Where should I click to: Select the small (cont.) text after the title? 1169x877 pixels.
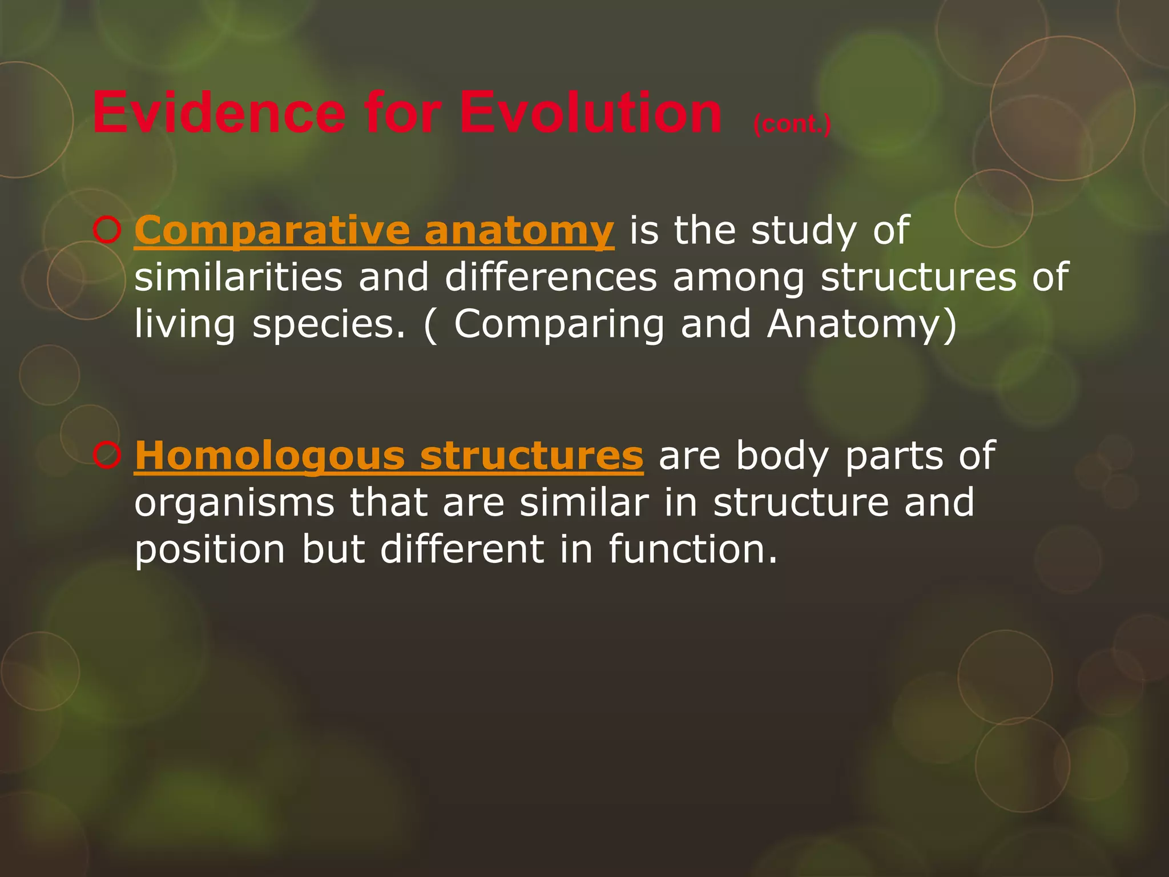click(x=792, y=124)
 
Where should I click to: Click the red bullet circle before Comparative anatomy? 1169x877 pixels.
click(x=106, y=231)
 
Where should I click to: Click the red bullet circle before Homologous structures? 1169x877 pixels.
click(x=106, y=456)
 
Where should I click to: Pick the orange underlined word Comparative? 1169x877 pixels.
click(x=272, y=231)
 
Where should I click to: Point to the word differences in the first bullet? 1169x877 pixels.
click(x=551, y=277)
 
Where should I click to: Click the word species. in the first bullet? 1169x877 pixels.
click(x=328, y=325)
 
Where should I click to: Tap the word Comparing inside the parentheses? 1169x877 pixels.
click(x=559, y=325)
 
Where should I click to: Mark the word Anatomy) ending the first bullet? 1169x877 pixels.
click(x=861, y=324)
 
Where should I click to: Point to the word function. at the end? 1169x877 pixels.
click(x=693, y=549)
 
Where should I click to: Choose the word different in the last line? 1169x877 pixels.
click(x=462, y=549)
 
